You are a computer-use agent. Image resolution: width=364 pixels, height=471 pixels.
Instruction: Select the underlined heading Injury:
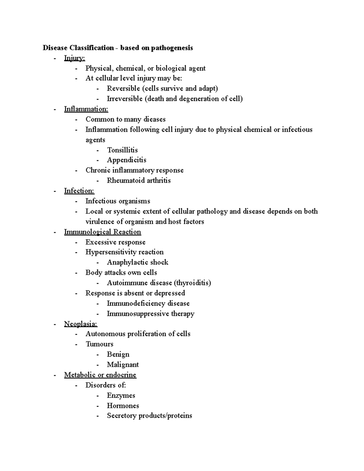75,58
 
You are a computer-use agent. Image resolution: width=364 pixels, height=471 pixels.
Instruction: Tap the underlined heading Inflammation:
86,109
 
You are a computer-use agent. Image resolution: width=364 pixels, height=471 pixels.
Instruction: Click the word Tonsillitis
122,150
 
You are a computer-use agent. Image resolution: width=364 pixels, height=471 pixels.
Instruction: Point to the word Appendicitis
126,160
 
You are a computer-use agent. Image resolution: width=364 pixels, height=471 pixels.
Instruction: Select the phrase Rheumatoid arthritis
139,181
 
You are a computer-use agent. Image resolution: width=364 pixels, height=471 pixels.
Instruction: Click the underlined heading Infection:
79,191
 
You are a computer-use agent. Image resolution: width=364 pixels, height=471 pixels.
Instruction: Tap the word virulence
100,222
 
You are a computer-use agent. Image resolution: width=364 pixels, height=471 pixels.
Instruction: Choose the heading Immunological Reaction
103,232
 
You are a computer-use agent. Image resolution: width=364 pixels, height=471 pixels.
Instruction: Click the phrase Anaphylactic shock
137,262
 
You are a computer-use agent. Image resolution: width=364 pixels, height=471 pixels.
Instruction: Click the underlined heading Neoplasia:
81,324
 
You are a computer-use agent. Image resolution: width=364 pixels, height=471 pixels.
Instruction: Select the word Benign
118,355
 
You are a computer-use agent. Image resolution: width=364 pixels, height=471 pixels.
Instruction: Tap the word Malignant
123,365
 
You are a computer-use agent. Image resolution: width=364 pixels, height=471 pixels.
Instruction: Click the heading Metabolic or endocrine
100,375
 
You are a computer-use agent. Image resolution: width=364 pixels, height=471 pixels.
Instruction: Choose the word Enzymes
121,395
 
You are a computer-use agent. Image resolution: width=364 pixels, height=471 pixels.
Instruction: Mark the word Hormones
123,406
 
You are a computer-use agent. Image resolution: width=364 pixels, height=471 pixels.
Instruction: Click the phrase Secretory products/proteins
149,416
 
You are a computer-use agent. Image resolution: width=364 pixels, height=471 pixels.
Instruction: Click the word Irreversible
124,99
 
